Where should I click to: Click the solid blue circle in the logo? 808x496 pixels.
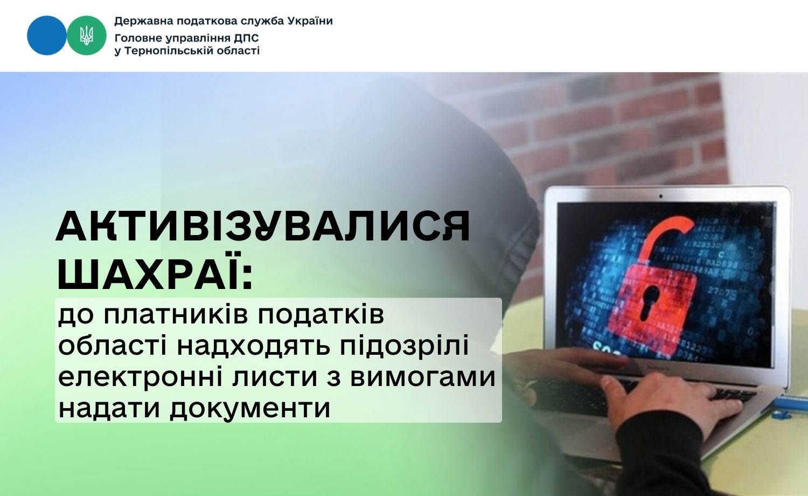tap(47, 36)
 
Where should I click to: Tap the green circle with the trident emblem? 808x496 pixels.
tap(87, 36)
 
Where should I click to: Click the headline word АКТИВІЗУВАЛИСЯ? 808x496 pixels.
tap(263, 226)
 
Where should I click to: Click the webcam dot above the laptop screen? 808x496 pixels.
tap(661, 196)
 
